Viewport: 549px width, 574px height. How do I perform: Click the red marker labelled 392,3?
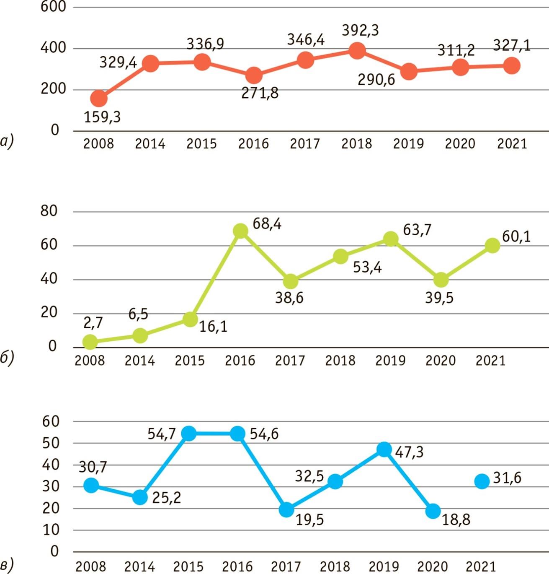click(x=357, y=50)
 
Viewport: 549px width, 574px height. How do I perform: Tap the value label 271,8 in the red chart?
click(x=260, y=94)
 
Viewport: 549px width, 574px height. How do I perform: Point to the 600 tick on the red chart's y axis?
click(x=54, y=7)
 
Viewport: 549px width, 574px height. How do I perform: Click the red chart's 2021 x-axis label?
click(x=512, y=144)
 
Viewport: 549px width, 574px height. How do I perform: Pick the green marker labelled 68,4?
click(x=241, y=230)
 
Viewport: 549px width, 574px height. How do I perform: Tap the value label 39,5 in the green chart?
click(x=439, y=298)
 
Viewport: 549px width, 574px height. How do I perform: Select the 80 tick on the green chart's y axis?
click(x=49, y=211)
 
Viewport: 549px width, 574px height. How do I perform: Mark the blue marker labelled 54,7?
click(x=189, y=434)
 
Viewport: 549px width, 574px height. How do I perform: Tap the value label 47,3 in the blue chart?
click(x=409, y=452)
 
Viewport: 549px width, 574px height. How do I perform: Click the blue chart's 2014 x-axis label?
click(x=139, y=566)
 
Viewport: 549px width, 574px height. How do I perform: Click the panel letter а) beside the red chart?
click(x=6, y=142)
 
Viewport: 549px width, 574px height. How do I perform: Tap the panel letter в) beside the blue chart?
click(x=6, y=564)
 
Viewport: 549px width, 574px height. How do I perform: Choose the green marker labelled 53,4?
click(x=341, y=256)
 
